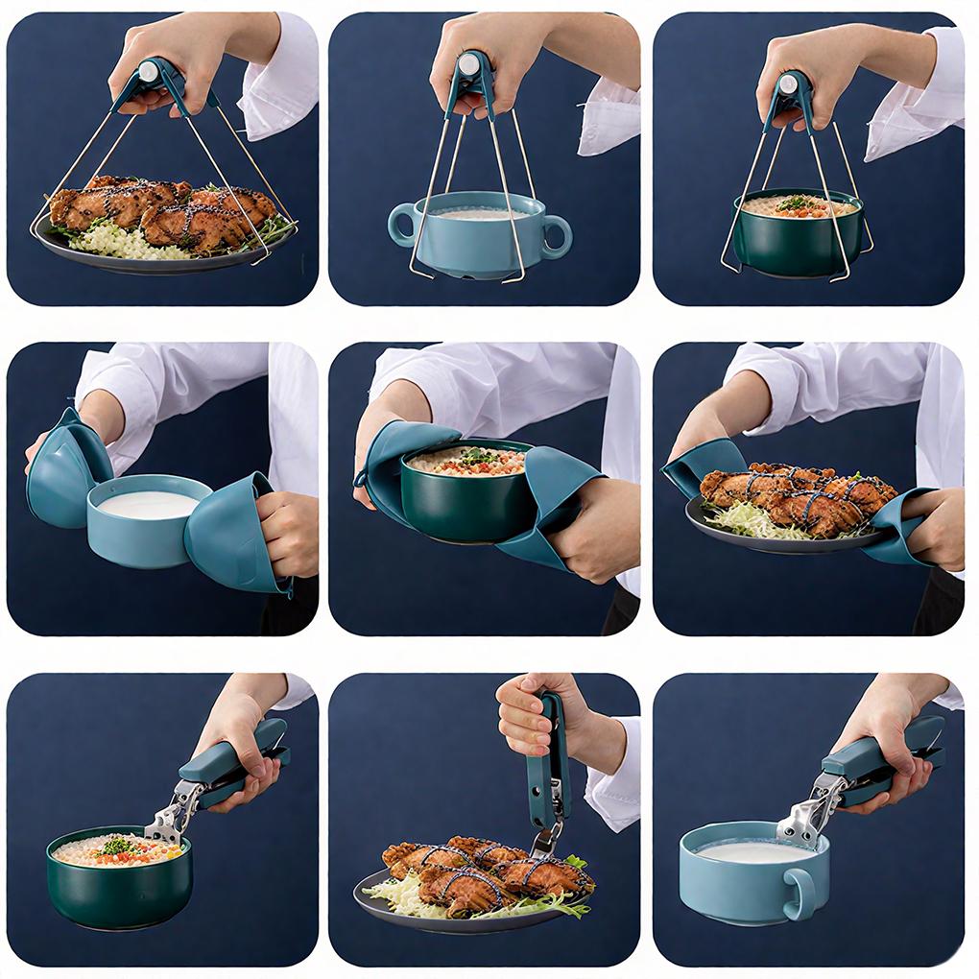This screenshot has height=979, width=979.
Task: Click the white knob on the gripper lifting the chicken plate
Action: coord(149,71)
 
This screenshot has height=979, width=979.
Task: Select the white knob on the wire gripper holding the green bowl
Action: coord(789,84)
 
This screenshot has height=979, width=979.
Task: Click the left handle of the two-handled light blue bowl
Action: coord(401,226)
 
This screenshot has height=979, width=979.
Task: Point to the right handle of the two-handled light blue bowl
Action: coord(556,236)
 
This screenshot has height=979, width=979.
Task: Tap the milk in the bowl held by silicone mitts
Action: coord(149,504)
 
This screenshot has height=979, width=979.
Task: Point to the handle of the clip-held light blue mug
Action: coord(799,895)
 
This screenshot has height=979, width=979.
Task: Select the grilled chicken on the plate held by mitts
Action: coord(797,497)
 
